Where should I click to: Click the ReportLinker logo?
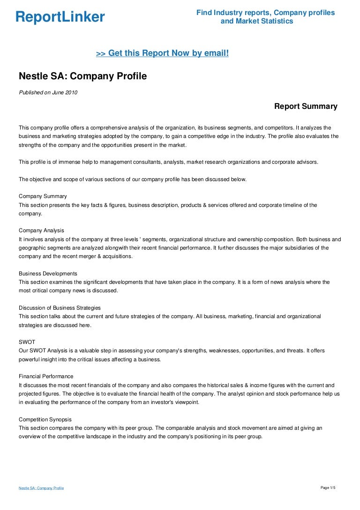click(x=60, y=17)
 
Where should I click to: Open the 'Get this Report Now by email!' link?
click(x=162, y=53)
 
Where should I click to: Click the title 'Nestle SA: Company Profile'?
click(x=82, y=76)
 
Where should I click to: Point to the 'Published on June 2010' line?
click(x=48, y=92)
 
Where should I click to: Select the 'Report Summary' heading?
click(x=306, y=107)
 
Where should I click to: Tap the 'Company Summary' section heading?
click(x=43, y=196)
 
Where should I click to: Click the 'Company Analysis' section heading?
click(x=41, y=230)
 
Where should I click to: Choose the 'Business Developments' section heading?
click(x=48, y=274)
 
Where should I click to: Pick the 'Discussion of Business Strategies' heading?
click(x=60, y=308)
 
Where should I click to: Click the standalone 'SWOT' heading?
click(x=27, y=342)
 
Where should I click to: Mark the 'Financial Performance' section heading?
click(x=46, y=376)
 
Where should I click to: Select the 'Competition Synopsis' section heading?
click(x=45, y=419)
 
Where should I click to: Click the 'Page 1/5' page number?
click(x=328, y=488)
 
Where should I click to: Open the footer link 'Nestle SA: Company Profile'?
click(x=41, y=488)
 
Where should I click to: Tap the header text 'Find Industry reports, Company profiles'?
click(x=265, y=13)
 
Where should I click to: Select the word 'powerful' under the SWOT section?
click(x=30, y=359)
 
